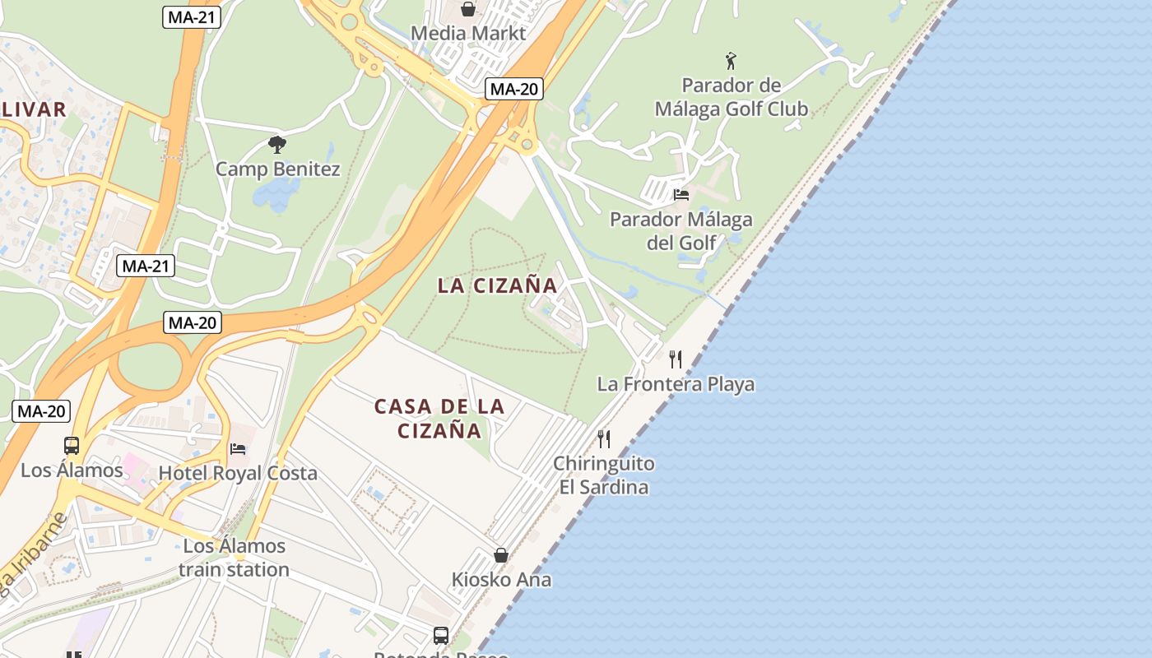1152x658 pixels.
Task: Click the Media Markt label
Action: (x=467, y=34)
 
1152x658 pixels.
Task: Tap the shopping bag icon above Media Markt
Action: (x=468, y=9)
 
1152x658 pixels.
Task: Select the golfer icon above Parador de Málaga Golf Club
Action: (x=731, y=60)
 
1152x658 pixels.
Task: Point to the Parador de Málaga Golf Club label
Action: (x=732, y=97)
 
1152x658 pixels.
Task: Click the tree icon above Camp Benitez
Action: (x=277, y=145)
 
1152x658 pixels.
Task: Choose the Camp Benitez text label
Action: (x=277, y=169)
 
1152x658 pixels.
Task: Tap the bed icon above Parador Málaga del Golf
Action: (x=681, y=195)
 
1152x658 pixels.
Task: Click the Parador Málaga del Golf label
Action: (x=681, y=231)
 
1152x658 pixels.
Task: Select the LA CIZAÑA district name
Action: (x=497, y=286)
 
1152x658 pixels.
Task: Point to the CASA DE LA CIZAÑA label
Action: (x=439, y=419)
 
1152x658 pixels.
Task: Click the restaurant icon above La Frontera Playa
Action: (x=676, y=359)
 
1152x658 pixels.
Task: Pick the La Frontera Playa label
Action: (x=676, y=384)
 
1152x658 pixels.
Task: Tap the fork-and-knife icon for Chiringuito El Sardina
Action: (x=604, y=438)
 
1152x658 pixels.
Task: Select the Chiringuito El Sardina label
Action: (x=604, y=475)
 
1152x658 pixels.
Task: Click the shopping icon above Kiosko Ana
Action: (x=501, y=555)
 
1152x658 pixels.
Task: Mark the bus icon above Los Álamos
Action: (x=72, y=446)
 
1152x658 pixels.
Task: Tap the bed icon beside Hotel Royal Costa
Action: (x=238, y=449)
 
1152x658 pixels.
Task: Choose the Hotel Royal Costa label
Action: (x=238, y=473)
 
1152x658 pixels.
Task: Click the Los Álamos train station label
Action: (x=235, y=558)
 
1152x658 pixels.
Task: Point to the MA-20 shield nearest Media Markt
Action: (x=513, y=89)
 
